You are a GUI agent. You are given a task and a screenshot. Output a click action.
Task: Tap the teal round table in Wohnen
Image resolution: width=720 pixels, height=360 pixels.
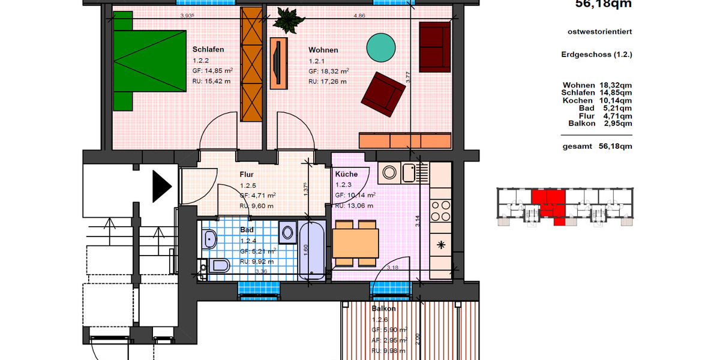tap(380, 47)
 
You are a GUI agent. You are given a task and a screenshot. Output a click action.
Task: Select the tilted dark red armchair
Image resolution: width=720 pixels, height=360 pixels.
tap(383, 94)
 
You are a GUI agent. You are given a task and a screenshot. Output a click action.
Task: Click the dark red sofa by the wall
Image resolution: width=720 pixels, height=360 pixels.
tap(434, 47)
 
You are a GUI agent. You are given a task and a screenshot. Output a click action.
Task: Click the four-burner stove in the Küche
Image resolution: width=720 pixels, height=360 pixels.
tap(441, 211)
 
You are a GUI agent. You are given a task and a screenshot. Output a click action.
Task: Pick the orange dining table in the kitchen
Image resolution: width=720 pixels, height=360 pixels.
tap(355, 243)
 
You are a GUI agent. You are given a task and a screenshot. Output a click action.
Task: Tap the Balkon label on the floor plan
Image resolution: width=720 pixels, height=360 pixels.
tap(383, 308)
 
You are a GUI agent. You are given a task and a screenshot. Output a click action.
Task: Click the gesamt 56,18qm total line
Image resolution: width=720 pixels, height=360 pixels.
tap(597, 146)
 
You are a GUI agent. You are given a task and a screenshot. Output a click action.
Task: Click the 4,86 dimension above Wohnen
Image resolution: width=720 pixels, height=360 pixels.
tap(359, 16)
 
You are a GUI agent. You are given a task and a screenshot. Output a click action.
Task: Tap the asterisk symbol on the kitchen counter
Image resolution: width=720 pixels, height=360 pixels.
tap(441, 244)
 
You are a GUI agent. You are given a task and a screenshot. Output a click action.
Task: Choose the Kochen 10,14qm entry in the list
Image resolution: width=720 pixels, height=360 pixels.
tap(597, 101)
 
